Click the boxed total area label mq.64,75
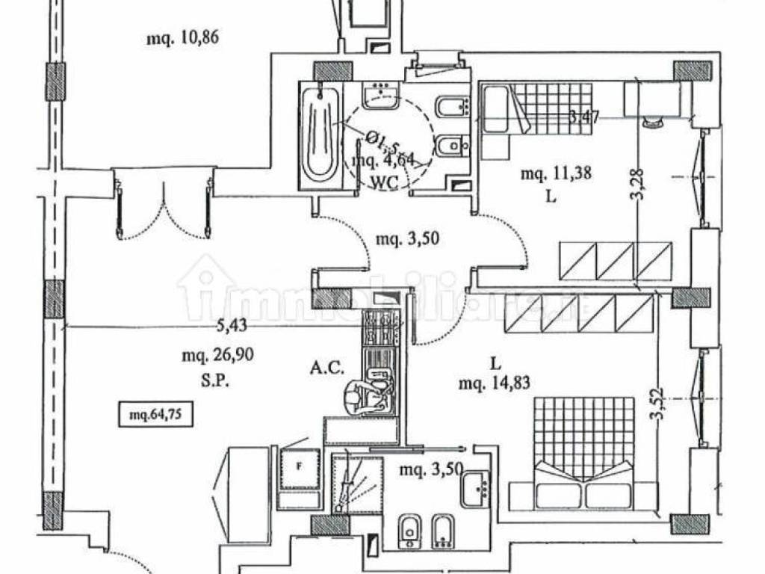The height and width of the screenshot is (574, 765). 157,413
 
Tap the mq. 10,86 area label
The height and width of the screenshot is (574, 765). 182,37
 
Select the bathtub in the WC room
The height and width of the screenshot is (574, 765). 321,136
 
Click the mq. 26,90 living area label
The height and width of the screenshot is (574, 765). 218,356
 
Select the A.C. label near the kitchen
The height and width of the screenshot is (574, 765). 327,368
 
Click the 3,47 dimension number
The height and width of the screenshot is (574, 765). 586,116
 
